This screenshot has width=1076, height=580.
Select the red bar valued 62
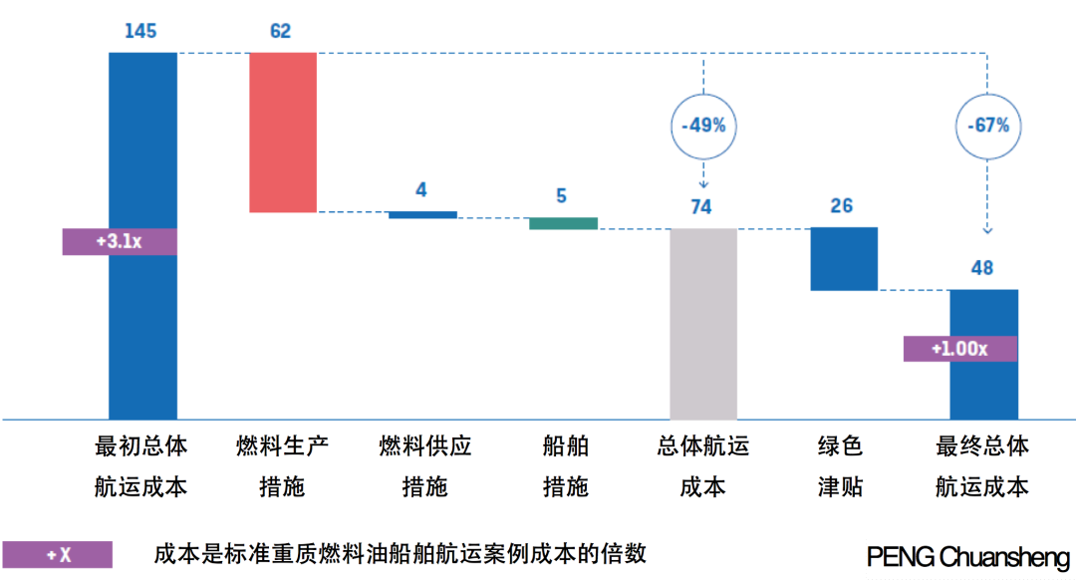[x=283, y=132]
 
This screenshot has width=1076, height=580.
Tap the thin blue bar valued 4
[x=422, y=214]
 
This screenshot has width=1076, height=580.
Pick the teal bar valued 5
[x=563, y=223]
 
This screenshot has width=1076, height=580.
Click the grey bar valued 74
[x=703, y=323]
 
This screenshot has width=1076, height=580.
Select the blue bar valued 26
[x=844, y=258]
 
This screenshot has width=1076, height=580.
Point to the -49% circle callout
[x=703, y=127]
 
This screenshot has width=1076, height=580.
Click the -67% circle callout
[x=987, y=126]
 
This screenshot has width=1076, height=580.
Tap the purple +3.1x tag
[x=120, y=241]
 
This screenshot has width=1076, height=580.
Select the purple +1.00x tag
[x=959, y=349]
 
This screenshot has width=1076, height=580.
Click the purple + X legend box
[x=57, y=554]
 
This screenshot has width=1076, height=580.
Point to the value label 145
[x=140, y=31]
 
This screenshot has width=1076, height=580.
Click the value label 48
[x=982, y=268]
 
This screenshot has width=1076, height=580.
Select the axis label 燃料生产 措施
[x=282, y=465]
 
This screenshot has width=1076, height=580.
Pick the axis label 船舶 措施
[x=565, y=465]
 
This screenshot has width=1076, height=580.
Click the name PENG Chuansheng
[x=967, y=557]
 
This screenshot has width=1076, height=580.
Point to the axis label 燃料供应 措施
[x=425, y=465]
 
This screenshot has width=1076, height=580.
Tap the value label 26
[x=842, y=205]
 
